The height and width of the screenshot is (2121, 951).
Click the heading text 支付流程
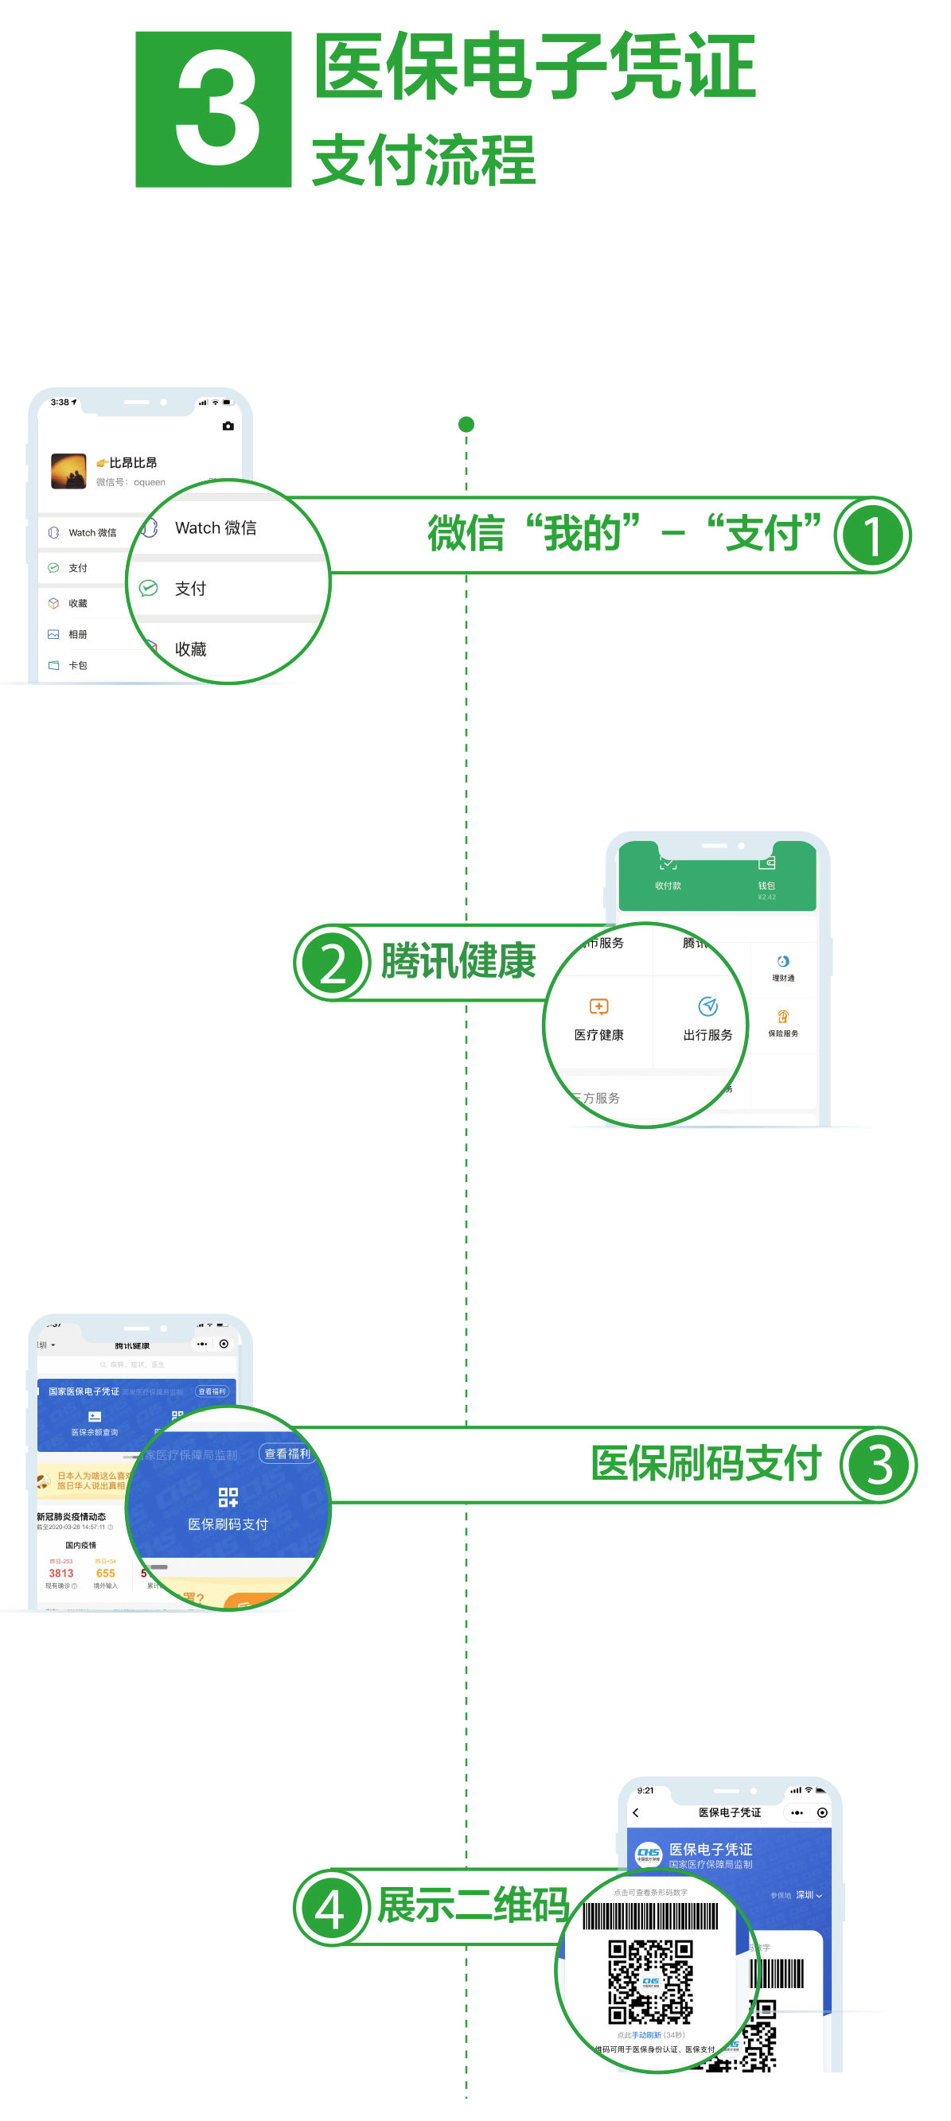tap(423, 160)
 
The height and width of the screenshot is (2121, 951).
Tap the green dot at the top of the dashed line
tap(466, 425)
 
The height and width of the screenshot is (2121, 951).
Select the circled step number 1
tap(872, 535)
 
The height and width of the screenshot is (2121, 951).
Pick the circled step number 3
tap(878, 1465)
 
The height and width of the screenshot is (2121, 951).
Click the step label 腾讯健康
tap(458, 961)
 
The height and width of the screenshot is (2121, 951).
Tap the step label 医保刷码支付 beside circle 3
tap(706, 1464)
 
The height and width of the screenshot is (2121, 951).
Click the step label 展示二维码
tap(473, 1905)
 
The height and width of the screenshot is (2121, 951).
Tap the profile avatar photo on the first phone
tap(68, 471)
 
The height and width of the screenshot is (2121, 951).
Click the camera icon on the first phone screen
tap(228, 426)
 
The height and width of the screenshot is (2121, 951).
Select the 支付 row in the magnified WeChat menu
tap(191, 589)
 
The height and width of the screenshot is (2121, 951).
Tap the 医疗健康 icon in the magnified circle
tap(598, 1007)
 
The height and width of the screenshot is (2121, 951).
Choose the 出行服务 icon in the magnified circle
tap(707, 1007)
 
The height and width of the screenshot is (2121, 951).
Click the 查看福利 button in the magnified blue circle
tap(286, 1454)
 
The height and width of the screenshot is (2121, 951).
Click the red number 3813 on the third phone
tap(61, 1574)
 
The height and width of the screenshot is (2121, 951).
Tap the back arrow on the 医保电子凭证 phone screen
tap(636, 1812)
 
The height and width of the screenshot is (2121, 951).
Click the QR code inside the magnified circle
tap(649, 1982)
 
